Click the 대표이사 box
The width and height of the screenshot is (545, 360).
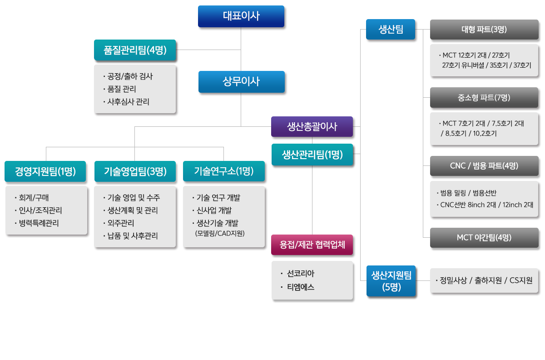pyautogui.click(x=241, y=16)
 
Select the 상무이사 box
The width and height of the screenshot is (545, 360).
pyautogui.click(x=242, y=82)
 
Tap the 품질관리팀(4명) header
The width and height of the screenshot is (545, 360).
pyautogui.click(x=135, y=50)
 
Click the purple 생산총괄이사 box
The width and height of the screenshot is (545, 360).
pyautogui.click(x=312, y=127)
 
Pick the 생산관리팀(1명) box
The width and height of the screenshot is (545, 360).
pyautogui.click(x=312, y=155)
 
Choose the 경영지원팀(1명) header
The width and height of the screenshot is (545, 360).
pyautogui.click(x=45, y=171)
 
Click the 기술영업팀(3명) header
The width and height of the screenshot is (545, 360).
pyautogui.click(x=135, y=171)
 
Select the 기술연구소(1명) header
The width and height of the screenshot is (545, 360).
pyautogui.click(x=224, y=171)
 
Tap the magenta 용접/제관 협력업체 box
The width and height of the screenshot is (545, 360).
pyautogui.click(x=312, y=245)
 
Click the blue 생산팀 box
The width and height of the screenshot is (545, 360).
pyautogui.click(x=391, y=30)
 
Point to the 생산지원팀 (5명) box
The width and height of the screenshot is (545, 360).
pyautogui.click(x=391, y=281)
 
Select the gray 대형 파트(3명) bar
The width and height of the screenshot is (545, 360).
pyautogui.click(x=484, y=30)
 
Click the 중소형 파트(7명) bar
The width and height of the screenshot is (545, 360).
pyautogui.click(x=484, y=98)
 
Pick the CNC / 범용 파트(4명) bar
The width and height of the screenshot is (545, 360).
pyautogui.click(x=484, y=166)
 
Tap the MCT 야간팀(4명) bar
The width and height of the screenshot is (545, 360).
pyautogui.click(x=484, y=238)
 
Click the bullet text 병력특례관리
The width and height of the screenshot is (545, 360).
pyautogui.click(x=39, y=223)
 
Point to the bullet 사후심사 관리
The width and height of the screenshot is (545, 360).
pyautogui.click(x=128, y=102)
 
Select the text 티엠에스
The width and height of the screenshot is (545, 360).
pyautogui.click(x=301, y=287)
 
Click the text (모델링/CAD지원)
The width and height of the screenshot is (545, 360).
pyautogui.click(x=220, y=233)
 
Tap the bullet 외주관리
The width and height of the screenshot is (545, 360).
pyautogui.click(x=121, y=223)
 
